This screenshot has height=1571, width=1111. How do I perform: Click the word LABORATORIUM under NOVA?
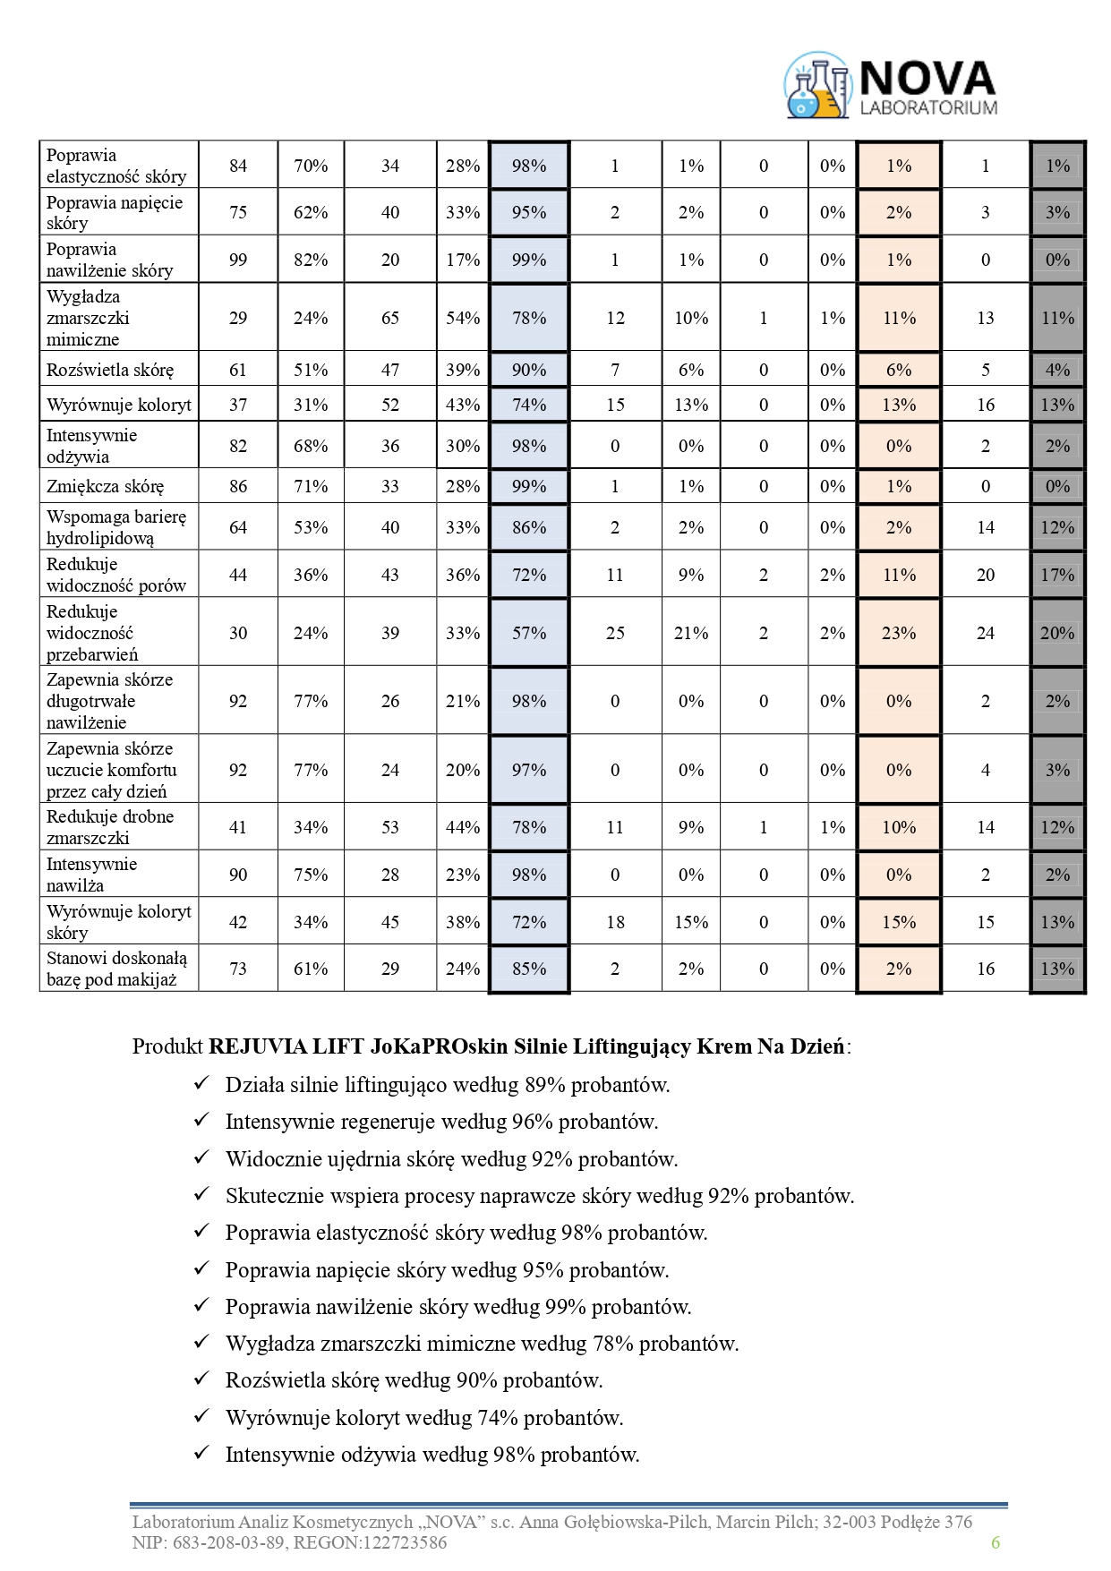928,107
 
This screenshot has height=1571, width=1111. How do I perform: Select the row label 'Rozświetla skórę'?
110,370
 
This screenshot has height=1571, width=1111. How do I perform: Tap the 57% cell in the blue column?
529,633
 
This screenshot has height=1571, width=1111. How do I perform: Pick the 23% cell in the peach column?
899,633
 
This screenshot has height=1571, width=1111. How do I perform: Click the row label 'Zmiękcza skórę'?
106,487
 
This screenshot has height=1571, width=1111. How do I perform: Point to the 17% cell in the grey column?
1057,575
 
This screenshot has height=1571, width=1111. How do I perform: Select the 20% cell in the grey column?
1057,633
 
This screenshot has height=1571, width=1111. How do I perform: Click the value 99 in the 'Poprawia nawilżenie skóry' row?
238,260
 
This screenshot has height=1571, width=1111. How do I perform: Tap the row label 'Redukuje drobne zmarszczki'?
110,827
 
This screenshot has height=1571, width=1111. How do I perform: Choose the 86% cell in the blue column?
529,527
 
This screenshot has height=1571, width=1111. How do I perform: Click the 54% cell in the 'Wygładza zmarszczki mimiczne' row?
463,318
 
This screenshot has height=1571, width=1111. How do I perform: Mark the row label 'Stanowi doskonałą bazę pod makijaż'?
116,969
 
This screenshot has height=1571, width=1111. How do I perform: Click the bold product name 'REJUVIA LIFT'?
266,1046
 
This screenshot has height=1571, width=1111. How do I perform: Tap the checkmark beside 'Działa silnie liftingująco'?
201,1084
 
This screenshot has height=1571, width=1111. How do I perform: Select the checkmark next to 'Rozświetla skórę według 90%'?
201,1379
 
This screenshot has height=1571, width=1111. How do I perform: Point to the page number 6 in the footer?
995,1542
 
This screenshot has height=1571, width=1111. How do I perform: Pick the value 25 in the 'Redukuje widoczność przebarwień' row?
615,633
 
